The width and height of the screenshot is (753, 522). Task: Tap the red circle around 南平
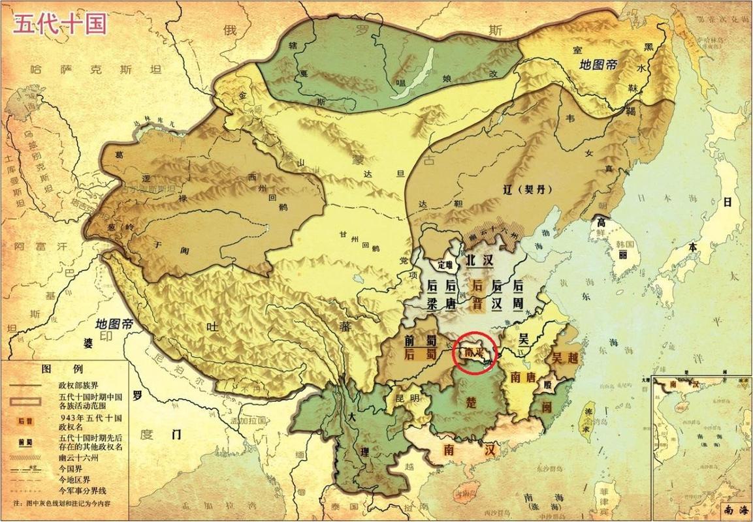pyautogui.click(x=475, y=352)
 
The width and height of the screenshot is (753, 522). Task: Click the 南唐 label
pyautogui.click(x=524, y=376)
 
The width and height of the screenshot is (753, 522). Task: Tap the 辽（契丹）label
pyautogui.click(x=530, y=191)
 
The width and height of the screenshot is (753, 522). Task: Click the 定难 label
pyautogui.click(x=445, y=265)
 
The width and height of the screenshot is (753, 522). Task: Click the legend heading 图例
pyautogui.click(x=56, y=369)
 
